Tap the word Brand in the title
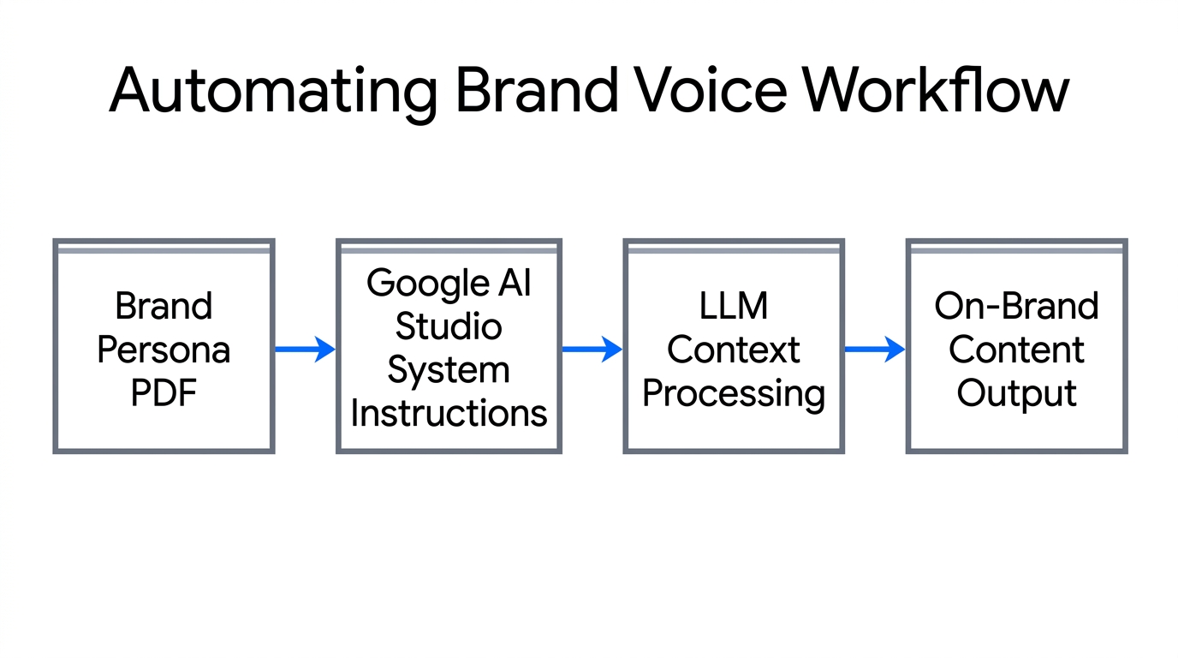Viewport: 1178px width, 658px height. pyautogui.click(x=536, y=90)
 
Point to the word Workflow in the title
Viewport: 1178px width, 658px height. pyautogui.click(x=937, y=90)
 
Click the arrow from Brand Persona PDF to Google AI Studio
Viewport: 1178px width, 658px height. pyautogui.click(x=305, y=349)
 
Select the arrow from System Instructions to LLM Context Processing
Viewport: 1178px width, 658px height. pyautogui.click(x=592, y=349)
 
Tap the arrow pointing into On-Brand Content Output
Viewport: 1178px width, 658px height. pyautogui.click(x=875, y=349)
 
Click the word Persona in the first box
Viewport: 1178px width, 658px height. pyautogui.click(x=164, y=350)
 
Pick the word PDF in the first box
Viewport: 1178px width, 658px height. pyautogui.click(x=164, y=393)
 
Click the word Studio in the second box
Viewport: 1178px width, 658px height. pyautogui.click(x=449, y=326)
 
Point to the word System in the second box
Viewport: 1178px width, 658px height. pyautogui.click(x=449, y=370)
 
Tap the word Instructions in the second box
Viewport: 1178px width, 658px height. pyautogui.click(x=449, y=413)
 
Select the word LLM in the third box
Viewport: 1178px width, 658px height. pyautogui.click(x=734, y=306)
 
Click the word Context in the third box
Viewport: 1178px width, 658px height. pyautogui.click(x=734, y=350)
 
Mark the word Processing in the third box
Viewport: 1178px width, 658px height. pyautogui.click(x=734, y=394)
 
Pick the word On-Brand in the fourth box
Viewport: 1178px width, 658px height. pyautogui.click(x=1016, y=306)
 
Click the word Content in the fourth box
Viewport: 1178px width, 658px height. pyautogui.click(x=1016, y=350)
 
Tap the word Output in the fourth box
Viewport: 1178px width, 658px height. pyautogui.click(x=1016, y=393)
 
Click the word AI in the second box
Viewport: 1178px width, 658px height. pyautogui.click(x=514, y=283)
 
